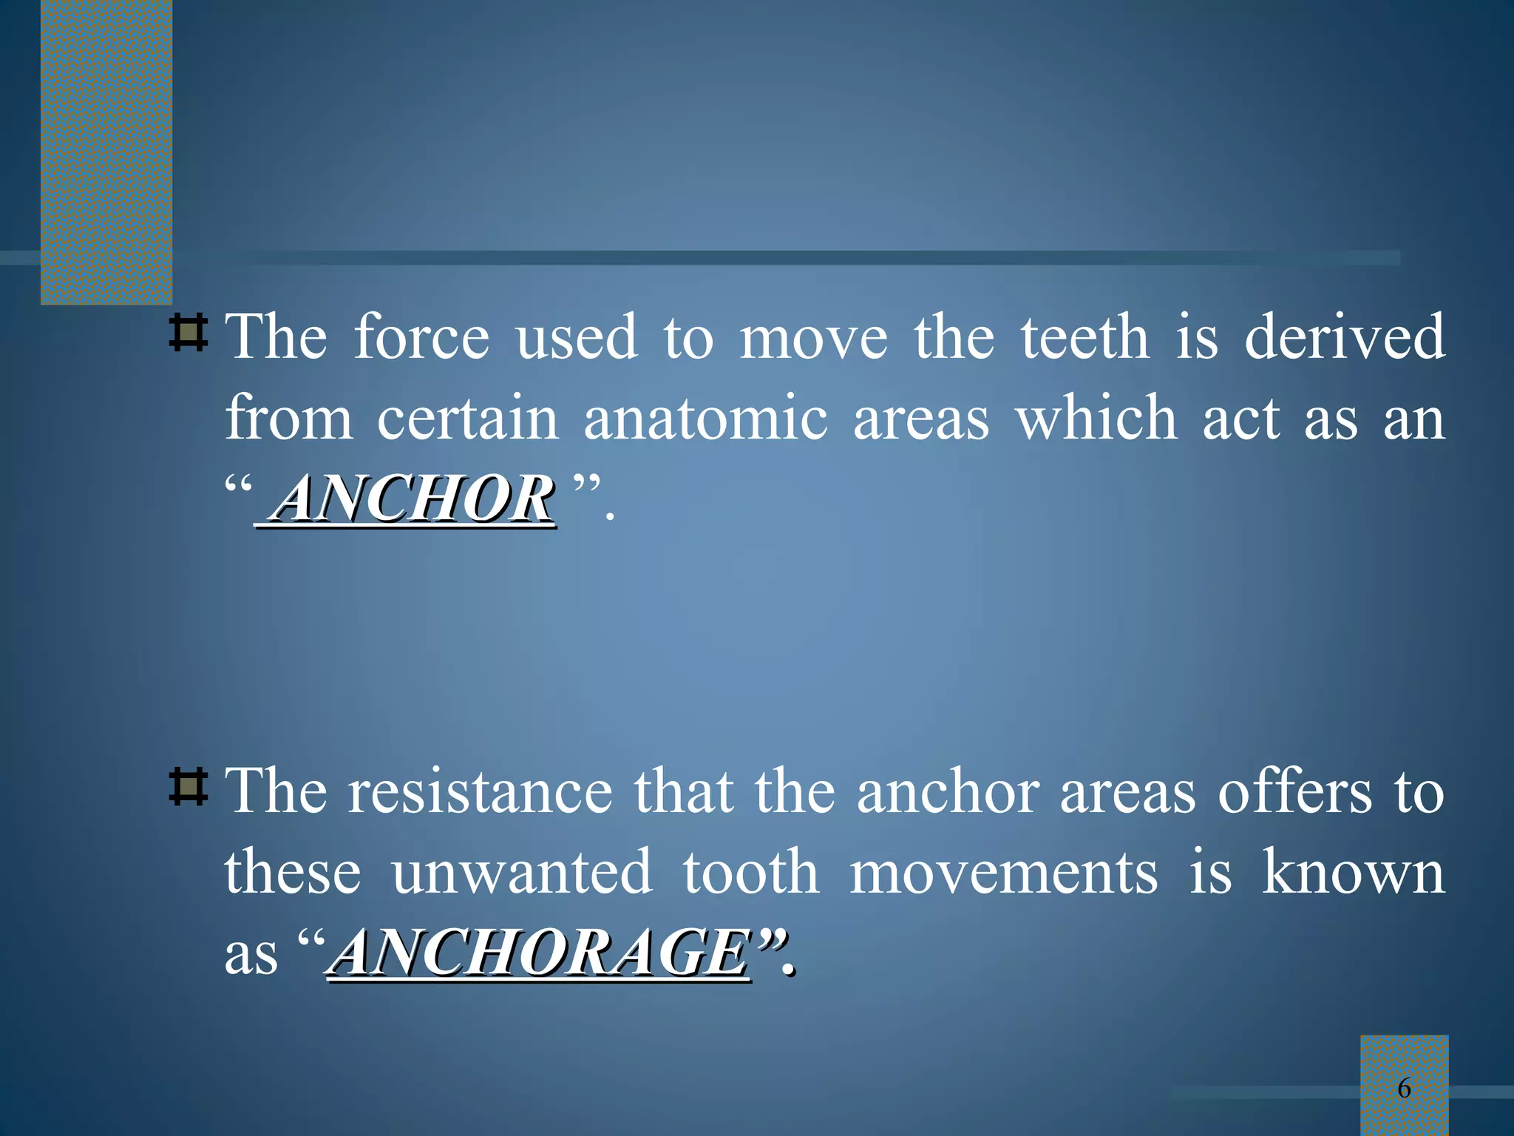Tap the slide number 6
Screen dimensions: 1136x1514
1404,1088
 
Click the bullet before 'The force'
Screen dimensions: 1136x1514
188,334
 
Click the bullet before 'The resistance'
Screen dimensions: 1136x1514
188,788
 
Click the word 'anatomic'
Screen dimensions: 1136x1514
705,419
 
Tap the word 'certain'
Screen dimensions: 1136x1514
468,419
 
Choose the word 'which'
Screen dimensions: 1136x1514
1096,419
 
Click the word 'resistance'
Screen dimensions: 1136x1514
481,792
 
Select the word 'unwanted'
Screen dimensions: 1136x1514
522,873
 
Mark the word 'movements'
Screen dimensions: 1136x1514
1003,873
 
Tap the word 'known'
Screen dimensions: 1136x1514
1353,873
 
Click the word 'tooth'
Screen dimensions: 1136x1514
751,873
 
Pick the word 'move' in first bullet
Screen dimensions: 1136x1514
814,338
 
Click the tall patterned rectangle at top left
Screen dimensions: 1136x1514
106,152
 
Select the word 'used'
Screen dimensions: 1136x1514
577,338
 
